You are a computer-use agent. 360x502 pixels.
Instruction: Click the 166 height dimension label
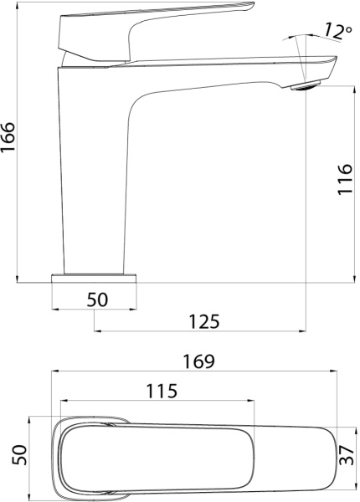click(x=8, y=137)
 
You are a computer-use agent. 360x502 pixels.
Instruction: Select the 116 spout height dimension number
click(x=345, y=179)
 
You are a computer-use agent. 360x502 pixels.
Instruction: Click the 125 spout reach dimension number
click(x=204, y=321)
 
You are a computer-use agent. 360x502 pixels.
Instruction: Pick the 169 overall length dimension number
click(x=198, y=361)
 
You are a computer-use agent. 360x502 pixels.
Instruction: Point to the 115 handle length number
click(x=162, y=391)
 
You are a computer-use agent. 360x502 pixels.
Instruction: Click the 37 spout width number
click(x=347, y=455)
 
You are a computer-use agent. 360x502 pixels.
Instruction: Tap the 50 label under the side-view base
click(x=97, y=300)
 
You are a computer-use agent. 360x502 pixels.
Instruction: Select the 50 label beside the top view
click(x=19, y=454)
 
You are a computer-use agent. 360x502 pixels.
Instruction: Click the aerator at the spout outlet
click(x=306, y=86)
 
